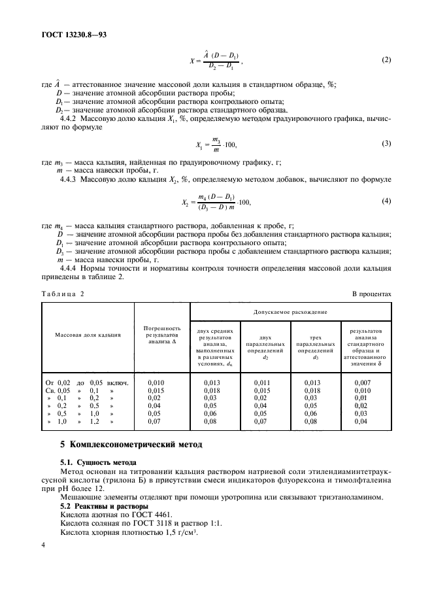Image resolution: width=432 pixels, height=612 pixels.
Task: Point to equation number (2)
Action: pos(386,61)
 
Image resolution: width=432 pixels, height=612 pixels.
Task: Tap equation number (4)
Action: pos(386,201)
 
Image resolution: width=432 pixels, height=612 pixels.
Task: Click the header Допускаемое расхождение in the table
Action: pos(291,312)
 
